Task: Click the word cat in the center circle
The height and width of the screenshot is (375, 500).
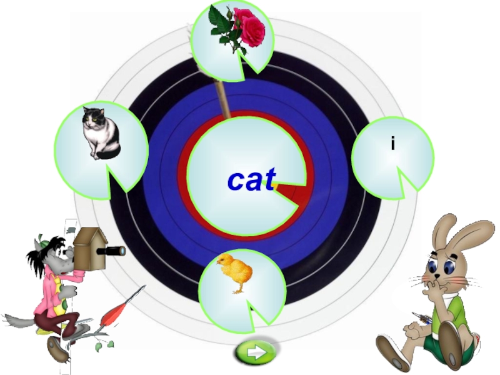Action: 251,181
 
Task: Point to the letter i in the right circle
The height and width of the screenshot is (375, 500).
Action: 392,144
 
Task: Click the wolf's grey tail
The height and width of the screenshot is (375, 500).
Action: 16,320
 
